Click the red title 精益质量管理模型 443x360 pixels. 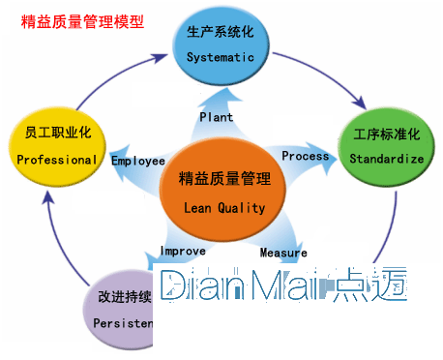[x=82, y=19]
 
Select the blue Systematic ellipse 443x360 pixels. [x=221, y=45]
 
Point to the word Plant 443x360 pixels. [x=216, y=117]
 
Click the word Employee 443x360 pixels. [x=137, y=161]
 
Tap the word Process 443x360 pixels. [x=305, y=156]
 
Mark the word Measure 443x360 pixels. [x=282, y=254]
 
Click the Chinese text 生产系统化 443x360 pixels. [x=221, y=34]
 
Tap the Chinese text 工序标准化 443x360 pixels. [x=386, y=132]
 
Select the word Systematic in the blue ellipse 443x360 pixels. [x=221, y=57]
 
